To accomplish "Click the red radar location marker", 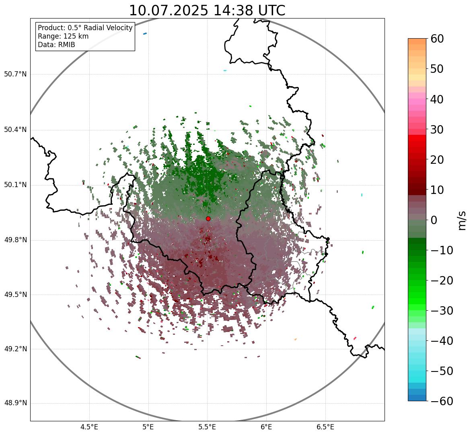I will (208, 219).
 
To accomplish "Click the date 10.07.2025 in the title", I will (168, 10).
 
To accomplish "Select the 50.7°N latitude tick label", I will (15, 74).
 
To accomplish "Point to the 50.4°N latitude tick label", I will (15, 130).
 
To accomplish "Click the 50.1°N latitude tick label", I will (15, 185).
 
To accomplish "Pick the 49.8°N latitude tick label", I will (15, 240).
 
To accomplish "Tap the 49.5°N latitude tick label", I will (15, 295).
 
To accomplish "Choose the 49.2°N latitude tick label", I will (15, 349).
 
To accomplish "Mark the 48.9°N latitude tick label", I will (15, 403).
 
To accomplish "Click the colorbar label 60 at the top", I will (437, 39).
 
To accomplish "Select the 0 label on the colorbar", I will (434, 220).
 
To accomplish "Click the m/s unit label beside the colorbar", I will (462, 220).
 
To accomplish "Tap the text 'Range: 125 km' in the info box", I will (63, 36).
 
